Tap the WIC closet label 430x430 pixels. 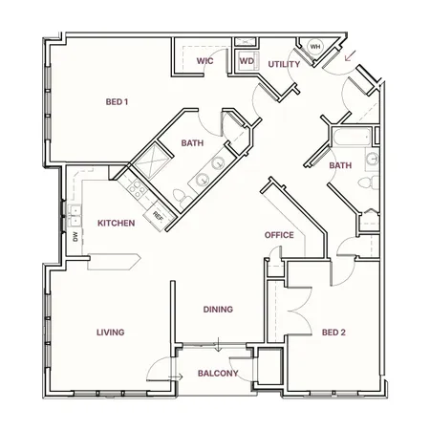pyautogui.click(x=204, y=61)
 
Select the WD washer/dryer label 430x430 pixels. pyautogui.click(x=246, y=61)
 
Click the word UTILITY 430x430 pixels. pyautogui.click(x=284, y=65)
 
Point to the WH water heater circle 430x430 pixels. pyautogui.click(x=314, y=47)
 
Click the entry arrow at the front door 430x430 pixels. pyautogui.click(x=351, y=55)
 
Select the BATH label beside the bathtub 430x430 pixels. pyautogui.click(x=340, y=165)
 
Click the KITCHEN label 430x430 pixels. pyautogui.click(x=117, y=224)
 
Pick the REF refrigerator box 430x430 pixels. pyautogui.click(x=157, y=215)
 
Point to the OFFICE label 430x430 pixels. pyautogui.click(x=278, y=235)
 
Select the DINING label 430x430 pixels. pyautogui.click(x=219, y=310)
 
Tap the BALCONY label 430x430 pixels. pyautogui.click(x=218, y=373)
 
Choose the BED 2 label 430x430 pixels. pyautogui.click(x=333, y=333)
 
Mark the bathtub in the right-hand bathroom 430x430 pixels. pyautogui.click(x=350, y=140)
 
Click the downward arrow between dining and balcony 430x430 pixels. pyautogui.click(x=219, y=343)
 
